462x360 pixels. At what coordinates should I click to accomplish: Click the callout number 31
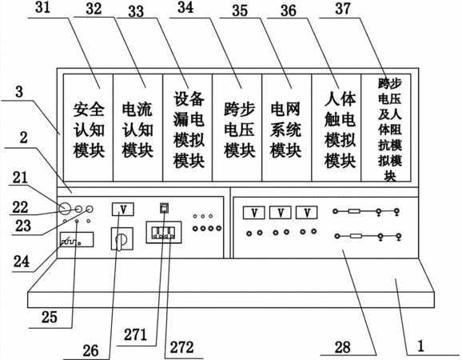(43, 7)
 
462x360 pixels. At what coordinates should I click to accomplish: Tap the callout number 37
(343, 8)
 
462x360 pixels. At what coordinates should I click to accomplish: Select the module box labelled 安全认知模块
(88, 128)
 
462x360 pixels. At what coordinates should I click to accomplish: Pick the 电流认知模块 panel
(137, 128)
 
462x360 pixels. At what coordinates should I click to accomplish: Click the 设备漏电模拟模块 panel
(187, 128)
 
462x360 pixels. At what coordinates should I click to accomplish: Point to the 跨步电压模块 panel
(237, 128)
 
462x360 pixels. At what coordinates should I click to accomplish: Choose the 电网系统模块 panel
(287, 128)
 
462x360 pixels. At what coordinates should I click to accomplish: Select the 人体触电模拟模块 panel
(337, 128)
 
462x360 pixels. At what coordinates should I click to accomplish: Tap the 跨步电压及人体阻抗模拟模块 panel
(386, 128)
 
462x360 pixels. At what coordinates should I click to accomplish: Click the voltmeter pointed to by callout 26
(123, 210)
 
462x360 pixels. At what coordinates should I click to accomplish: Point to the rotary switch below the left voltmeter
(121, 239)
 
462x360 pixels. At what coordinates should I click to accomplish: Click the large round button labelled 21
(65, 209)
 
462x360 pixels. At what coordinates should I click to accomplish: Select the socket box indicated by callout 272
(164, 233)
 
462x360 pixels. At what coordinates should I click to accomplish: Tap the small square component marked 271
(165, 208)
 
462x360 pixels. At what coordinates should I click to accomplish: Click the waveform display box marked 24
(77, 239)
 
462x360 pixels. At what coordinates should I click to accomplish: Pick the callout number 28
(343, 347)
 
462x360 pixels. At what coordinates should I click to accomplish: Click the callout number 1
(420, 346)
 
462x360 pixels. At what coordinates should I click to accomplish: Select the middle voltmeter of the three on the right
(281, 213)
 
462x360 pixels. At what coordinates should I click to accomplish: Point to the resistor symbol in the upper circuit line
(354, 211)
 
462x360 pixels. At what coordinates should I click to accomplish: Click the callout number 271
(135, 334)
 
